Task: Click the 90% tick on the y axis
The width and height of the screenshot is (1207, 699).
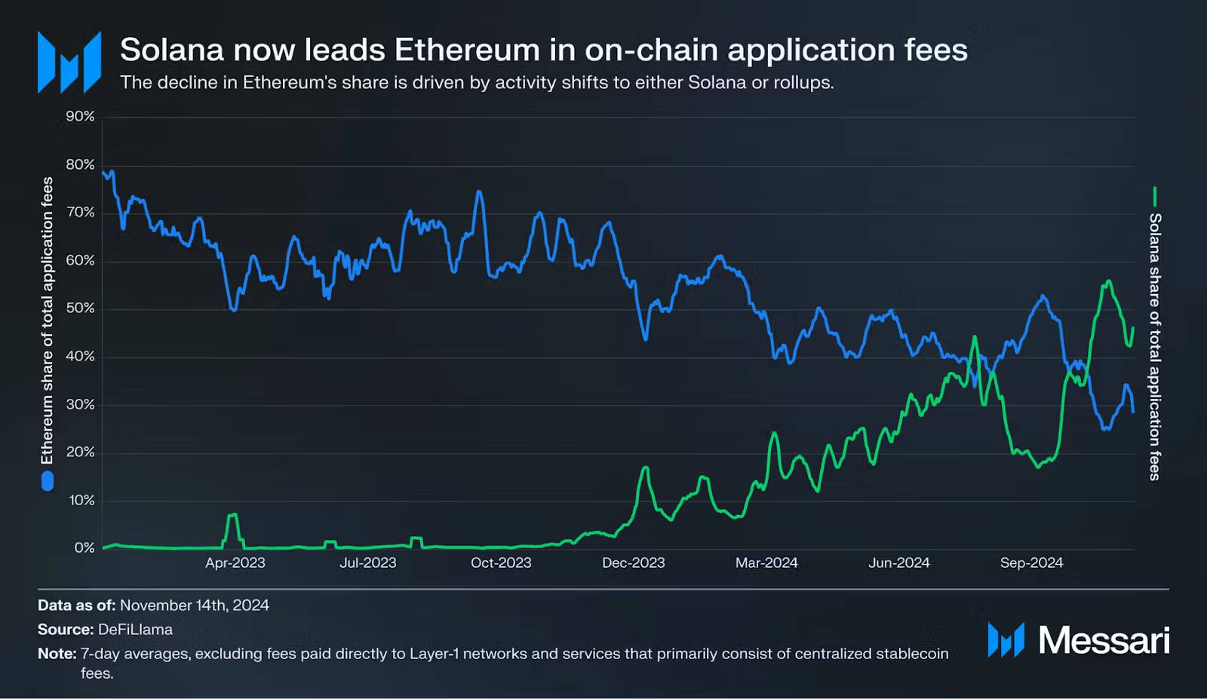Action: pos(80,116)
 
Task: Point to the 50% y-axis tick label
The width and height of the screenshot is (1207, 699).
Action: pos(80,308)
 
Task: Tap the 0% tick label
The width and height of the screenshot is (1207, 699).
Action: pos(84,548)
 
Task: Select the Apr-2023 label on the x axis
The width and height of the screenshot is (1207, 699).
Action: pos(235,563)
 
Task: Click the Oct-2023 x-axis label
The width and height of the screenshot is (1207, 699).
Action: pos(501,563)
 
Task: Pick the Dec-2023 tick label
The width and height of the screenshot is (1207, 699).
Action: pos(634,563)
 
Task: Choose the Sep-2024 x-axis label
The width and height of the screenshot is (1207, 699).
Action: pos(1031,563)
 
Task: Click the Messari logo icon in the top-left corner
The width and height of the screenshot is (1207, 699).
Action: pos(69,63)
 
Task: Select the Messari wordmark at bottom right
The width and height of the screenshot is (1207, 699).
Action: pos(1104,640)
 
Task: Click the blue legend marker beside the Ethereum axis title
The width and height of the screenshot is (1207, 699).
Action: pos(48,481)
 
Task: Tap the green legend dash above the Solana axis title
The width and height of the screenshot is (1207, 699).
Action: pos(1154,197)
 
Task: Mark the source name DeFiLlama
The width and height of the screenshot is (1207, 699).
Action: pos(135,630)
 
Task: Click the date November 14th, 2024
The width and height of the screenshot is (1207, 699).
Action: pos(194,605)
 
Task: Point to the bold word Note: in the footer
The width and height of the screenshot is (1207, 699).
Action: pos(57,654)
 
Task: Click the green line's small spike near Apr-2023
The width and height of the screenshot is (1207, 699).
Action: pos(232,515)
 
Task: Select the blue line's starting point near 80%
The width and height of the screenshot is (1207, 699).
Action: pos(103,173)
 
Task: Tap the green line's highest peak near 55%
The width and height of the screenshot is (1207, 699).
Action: pos(1108,281)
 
